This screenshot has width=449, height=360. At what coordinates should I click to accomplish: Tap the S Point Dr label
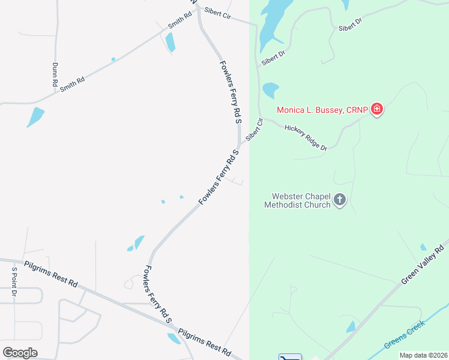click(x=14, y=282)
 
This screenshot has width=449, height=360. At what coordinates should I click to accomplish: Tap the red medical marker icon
click(x=377, y=109)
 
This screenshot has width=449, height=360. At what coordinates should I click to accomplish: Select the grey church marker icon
click(x=340, y=200)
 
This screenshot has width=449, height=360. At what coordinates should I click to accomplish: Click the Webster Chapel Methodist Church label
click(x=298, y=200)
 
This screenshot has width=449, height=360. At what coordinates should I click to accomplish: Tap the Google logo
click(x=20, y=352)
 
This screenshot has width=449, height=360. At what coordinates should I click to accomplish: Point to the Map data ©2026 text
click(x=423, y=355)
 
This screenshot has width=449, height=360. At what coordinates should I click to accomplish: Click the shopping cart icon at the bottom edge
click(x=291, y=358)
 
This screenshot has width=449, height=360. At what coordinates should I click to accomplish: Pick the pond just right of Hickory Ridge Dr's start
click(x=271, y=90)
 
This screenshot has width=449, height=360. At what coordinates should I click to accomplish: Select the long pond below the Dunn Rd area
click(x=35, y=116)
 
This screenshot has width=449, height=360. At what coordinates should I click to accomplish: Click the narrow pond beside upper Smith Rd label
click(x=170, y=41)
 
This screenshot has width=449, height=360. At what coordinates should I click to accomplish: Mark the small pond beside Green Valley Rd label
click(x=424, y=247)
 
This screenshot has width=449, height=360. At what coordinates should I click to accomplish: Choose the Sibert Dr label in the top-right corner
click(x=351, y=25)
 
